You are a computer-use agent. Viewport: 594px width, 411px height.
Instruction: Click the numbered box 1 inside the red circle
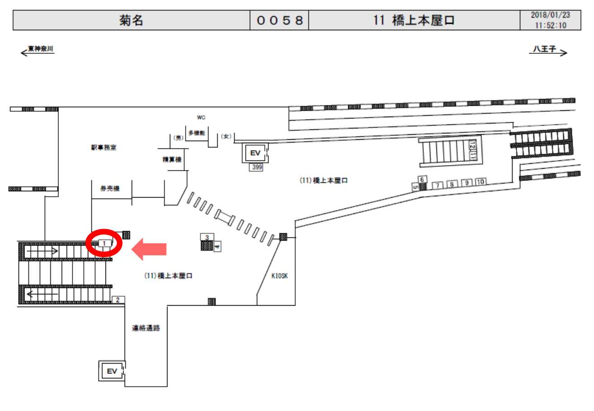(105, 243)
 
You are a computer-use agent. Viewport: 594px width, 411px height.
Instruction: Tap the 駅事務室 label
(103, 148)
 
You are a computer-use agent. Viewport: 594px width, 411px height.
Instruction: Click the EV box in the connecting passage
(111, 371)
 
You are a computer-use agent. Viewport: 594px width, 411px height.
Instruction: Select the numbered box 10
(480, 182)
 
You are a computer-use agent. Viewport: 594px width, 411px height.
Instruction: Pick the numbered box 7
(438, 185)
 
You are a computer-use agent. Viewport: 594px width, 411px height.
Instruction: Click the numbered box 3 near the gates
(206, 237)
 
